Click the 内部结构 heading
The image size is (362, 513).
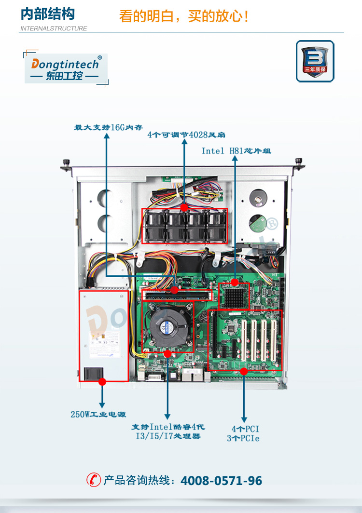(48, 14)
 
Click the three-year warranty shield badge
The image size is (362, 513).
(315, 61)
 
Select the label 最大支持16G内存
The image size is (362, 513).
(108, 128)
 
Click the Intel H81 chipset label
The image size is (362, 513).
(236, 151)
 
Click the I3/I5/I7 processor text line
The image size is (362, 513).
(167, 436)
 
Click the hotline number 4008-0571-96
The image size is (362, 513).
(221, 480)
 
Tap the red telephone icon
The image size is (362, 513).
(94, 480)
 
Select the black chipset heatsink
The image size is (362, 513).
(235, 296)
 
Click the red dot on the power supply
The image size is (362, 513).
(102, 381)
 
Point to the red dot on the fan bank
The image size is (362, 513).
(184, 207)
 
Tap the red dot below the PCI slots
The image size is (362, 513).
(244, 371)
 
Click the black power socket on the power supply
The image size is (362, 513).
(92, 374)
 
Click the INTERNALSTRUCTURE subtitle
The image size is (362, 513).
(54, 28)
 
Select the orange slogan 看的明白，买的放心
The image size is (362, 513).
(184, 17)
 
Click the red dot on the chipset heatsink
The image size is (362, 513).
(235, 282)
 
